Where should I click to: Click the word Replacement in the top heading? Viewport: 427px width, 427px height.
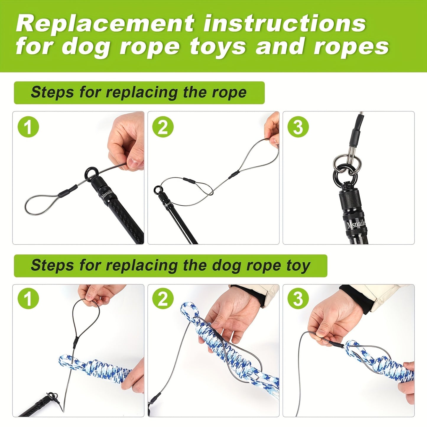coord(105,24)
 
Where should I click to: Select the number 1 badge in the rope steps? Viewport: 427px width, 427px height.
coord(28,127)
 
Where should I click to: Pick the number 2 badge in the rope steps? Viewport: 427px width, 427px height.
coord(163,127)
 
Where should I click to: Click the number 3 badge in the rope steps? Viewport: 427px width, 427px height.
coord(298,127)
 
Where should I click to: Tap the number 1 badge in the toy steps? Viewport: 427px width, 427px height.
coord(28,298)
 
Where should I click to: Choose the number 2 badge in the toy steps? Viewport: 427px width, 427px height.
coord(163,298)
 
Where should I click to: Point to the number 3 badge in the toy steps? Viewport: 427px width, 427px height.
coord(298,298)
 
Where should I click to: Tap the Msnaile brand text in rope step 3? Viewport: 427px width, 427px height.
coord(356,225)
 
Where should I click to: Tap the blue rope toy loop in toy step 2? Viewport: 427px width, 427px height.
coord(189,310)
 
